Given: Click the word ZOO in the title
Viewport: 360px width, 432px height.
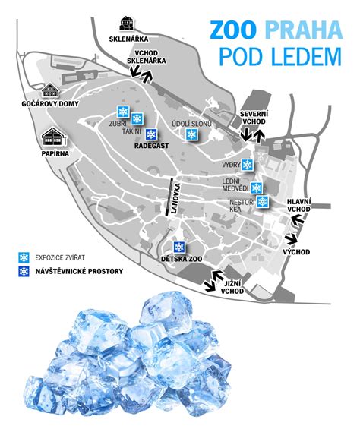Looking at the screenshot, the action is pos(235,30).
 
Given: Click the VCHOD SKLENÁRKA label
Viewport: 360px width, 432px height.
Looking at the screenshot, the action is pos(148,56).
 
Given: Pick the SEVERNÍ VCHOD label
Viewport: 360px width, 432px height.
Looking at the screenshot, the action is pos(252,117).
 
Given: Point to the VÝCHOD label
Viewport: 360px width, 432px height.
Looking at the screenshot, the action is pos(296,251).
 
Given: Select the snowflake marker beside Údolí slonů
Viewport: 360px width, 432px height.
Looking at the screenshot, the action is pos(192,135).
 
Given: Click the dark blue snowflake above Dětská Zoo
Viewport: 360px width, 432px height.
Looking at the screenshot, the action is pos(179,247).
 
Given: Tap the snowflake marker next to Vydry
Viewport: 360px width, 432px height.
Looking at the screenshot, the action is pos(248,165).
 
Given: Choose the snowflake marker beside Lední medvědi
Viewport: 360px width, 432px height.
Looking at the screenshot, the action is pos(257,188).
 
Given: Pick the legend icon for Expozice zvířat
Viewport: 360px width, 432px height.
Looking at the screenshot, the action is pos(24,256).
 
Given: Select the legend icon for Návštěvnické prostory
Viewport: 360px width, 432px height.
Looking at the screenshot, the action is pos(24,271).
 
